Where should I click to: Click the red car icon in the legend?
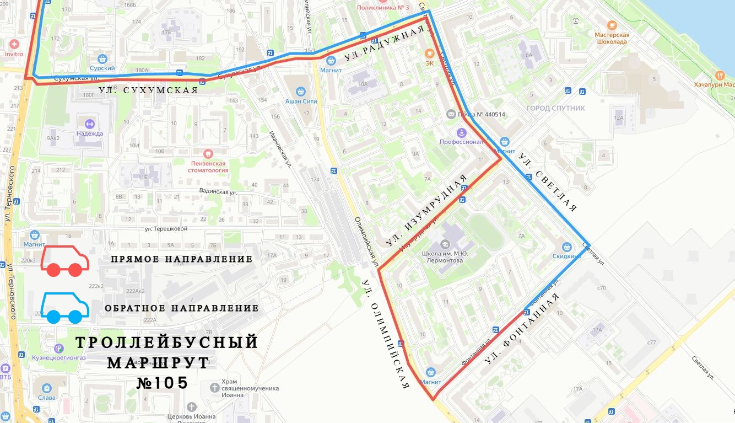point(64,261)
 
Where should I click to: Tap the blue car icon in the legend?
point(64,307)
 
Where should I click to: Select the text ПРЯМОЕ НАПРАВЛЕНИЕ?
point(181,259)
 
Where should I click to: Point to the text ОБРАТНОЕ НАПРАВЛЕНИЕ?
point(181,308)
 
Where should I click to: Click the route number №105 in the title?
point(163,383)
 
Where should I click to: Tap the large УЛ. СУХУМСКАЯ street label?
point(148,90)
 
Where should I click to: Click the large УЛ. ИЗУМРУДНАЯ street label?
point(426,210)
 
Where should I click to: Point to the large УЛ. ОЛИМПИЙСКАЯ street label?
point(386,334)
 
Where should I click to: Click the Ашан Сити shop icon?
point(300,91)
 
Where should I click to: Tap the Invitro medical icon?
point(14,44)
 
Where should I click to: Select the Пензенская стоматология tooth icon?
point(208,153)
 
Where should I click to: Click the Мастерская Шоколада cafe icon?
point(612,25)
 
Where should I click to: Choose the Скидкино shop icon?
point(567,247)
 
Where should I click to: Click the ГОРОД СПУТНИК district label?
point(556,108)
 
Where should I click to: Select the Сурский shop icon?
point(102,58)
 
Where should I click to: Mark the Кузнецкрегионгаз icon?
point(59,347)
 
